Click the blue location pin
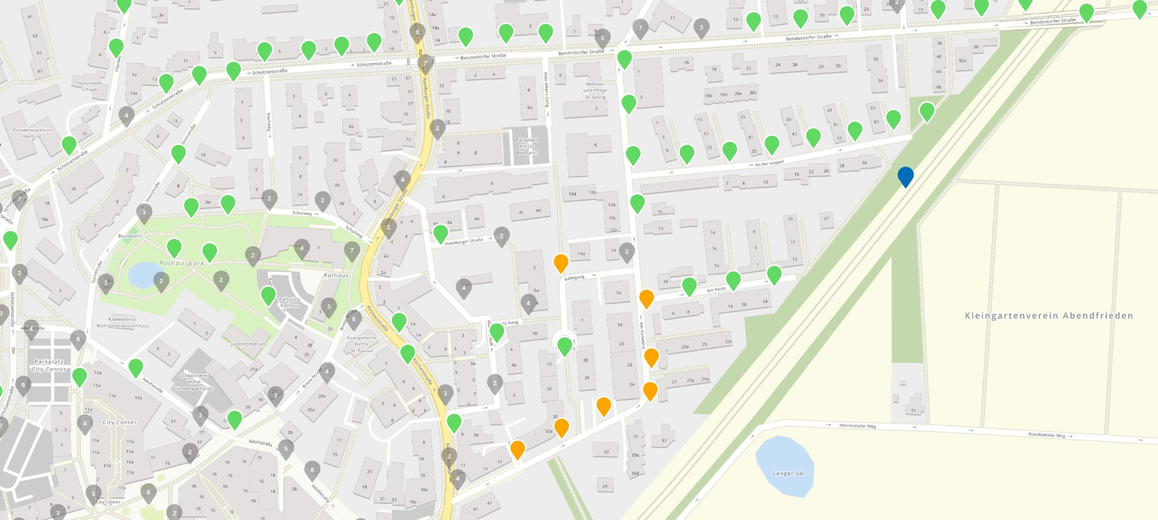(x=905, y=176)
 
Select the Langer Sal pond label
(x=788, y=473)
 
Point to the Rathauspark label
(x=182, y=263)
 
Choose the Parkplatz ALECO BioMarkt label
(x=527, y=146)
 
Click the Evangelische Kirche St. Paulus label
(x=362, y=344)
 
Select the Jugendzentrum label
(x=248, y=344)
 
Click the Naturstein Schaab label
(x=90, y=86)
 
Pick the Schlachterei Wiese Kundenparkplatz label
(x=194, y=382)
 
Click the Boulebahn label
(x=130, y=236)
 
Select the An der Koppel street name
(x=769, y=163)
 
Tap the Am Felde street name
(x=716, y=290)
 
